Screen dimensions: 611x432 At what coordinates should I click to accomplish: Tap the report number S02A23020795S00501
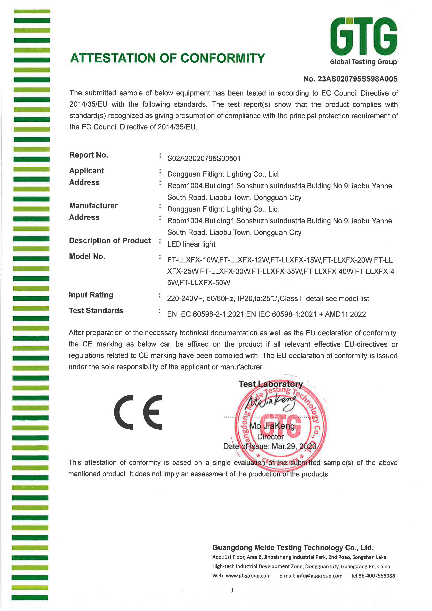[204, 159]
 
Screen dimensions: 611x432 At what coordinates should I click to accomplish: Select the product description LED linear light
[191, 244]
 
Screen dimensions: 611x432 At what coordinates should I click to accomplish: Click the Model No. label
[87, 257]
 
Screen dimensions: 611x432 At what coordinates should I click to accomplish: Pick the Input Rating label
[91, 295]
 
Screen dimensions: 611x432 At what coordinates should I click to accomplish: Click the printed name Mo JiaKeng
[272, 426]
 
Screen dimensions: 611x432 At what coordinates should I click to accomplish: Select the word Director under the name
[270, 437]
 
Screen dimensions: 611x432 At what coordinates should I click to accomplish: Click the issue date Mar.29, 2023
[294, 446]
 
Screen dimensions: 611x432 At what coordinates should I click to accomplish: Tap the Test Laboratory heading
[271, 384]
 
